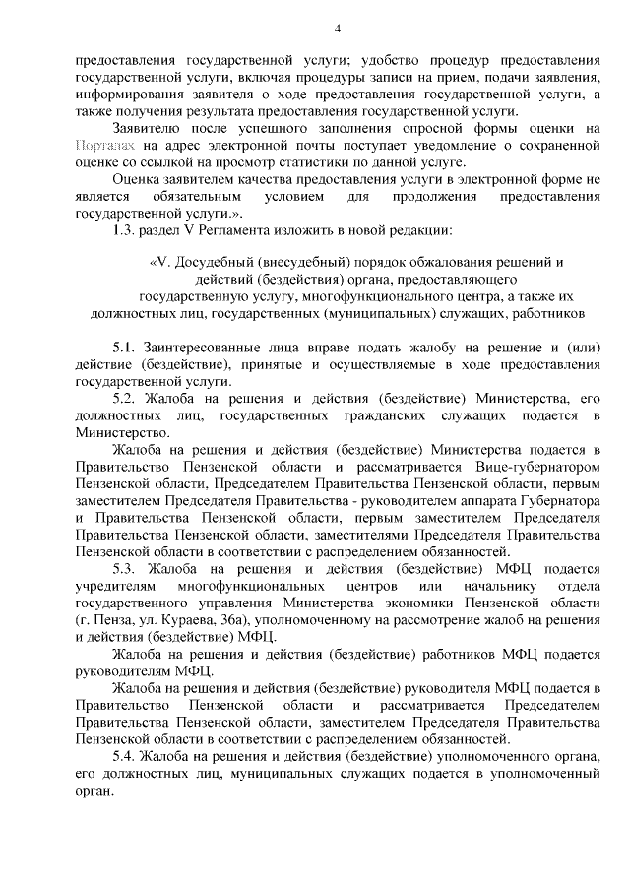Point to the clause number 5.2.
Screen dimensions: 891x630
point(127,397)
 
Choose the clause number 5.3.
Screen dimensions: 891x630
point(127,568)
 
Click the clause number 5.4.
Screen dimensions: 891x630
point(127,756)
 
